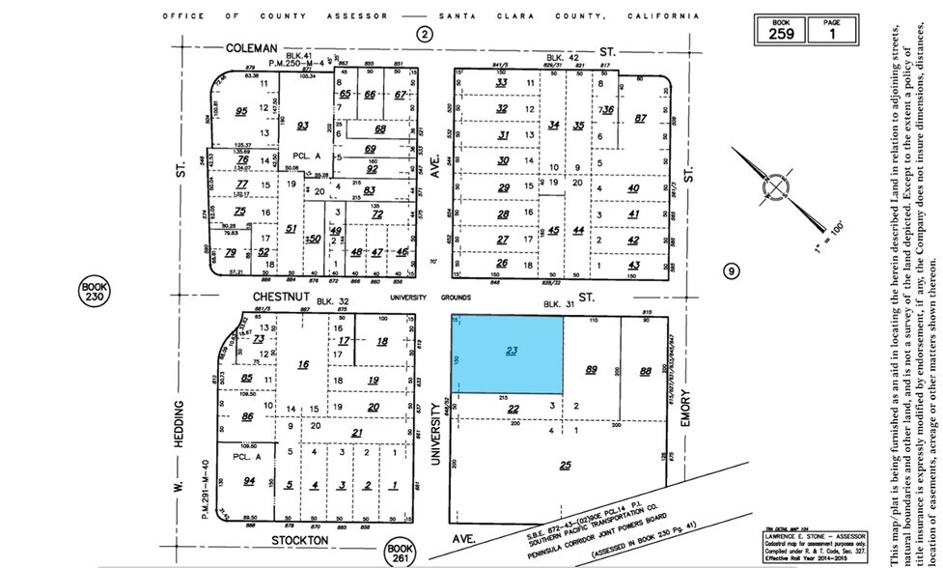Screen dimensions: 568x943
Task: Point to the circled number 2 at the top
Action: coord(423,34)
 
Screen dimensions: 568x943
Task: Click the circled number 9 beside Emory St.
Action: coord(732,271)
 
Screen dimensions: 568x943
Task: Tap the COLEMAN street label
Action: coord(252,46)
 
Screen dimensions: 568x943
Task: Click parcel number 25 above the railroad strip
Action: coord(565,465)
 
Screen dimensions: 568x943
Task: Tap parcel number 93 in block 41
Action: coord(302,126)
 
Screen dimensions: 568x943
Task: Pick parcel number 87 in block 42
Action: coord(640,119)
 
